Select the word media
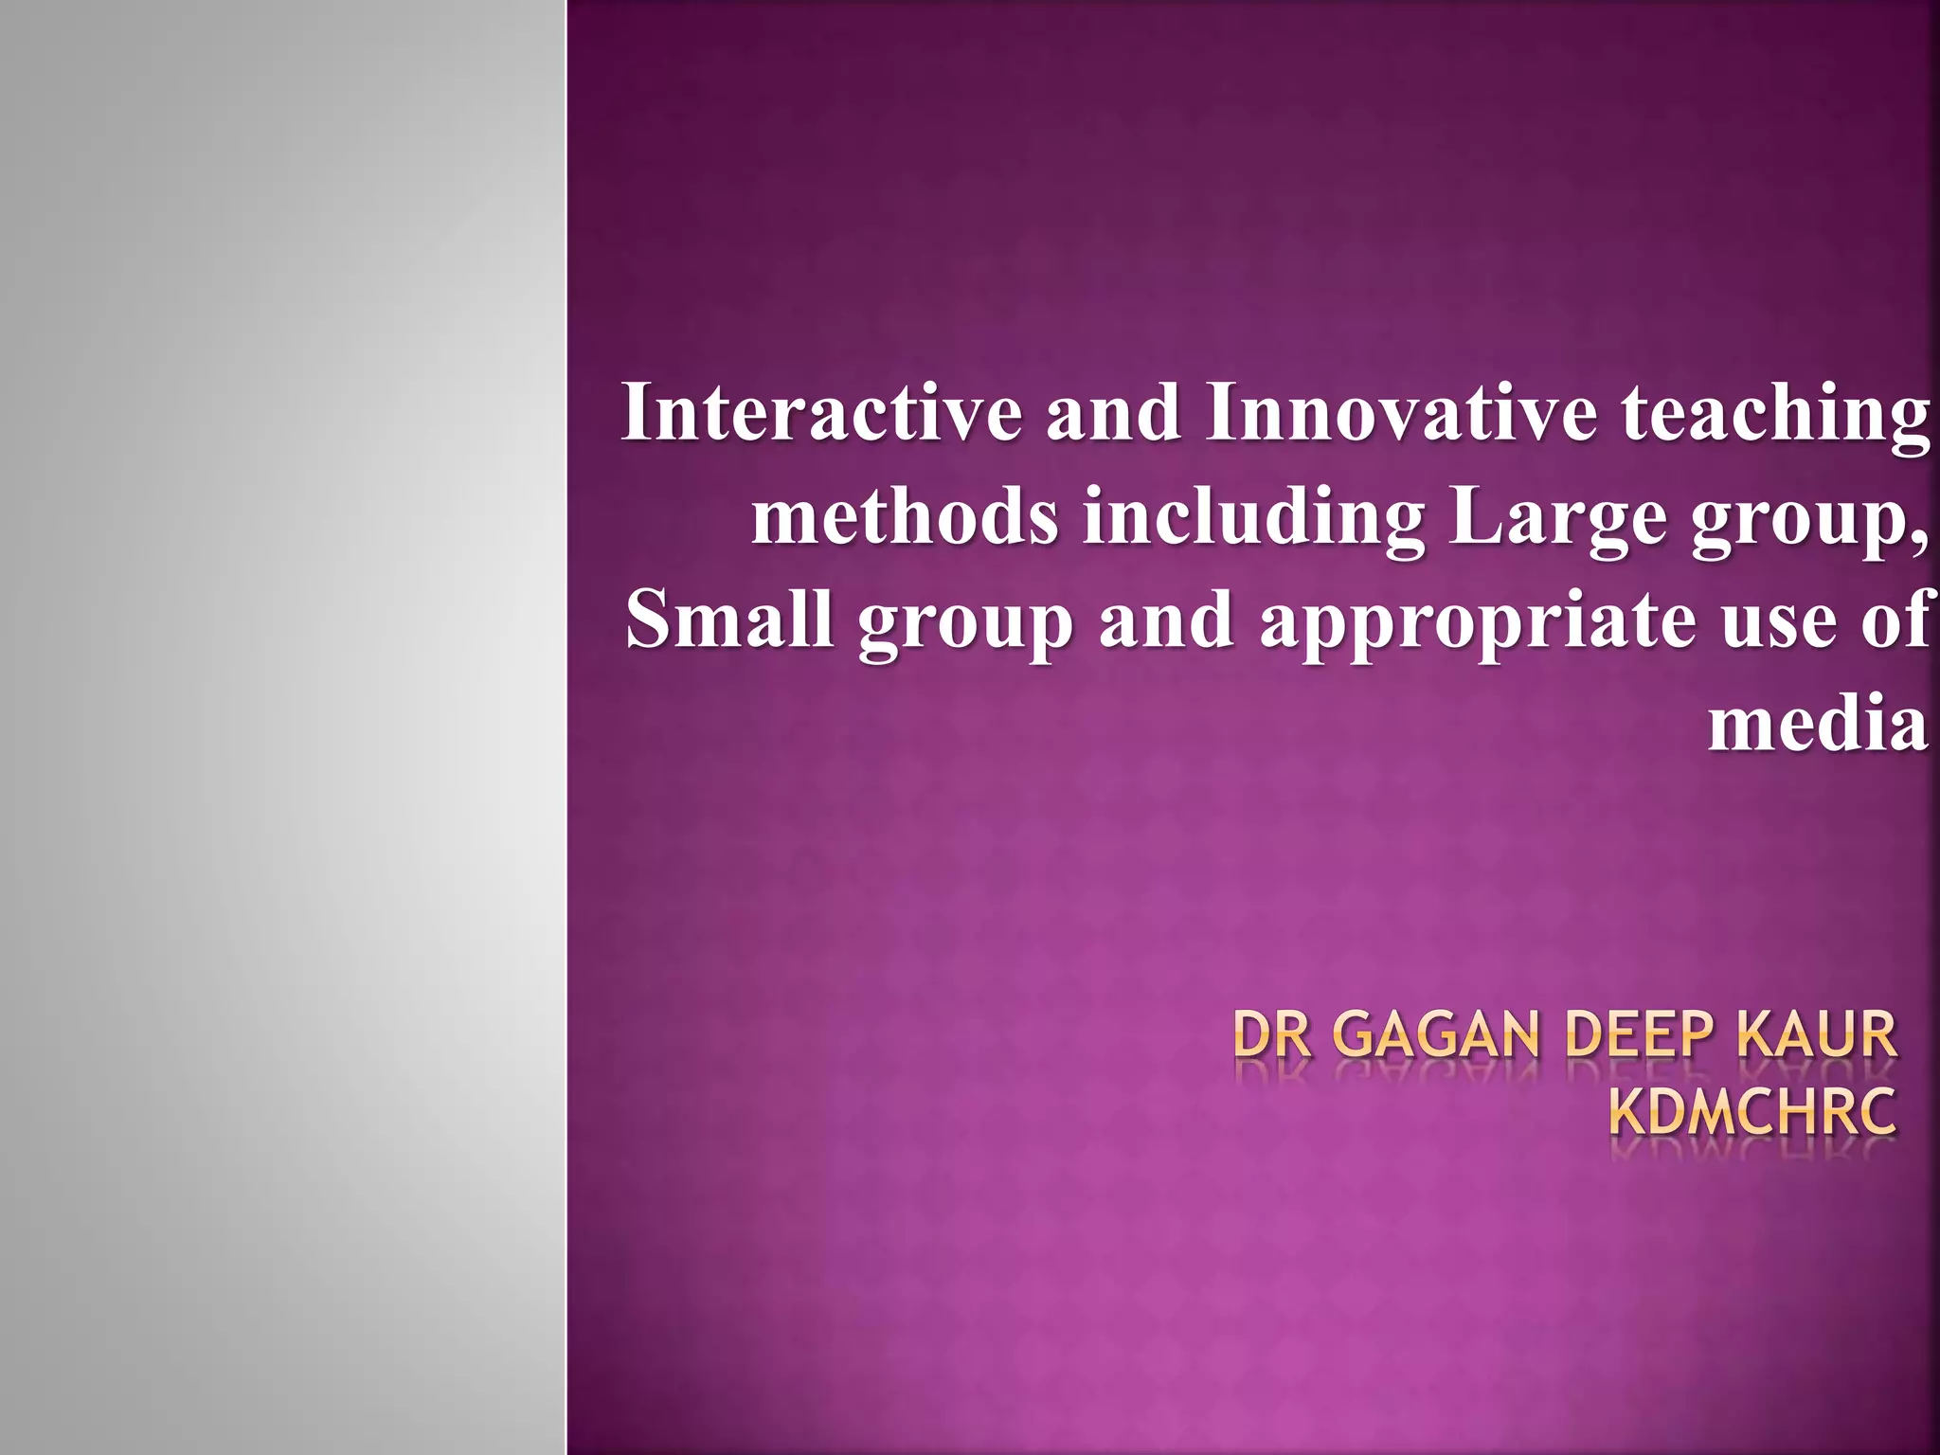(1818, 725)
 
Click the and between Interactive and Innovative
(1114, 414)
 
